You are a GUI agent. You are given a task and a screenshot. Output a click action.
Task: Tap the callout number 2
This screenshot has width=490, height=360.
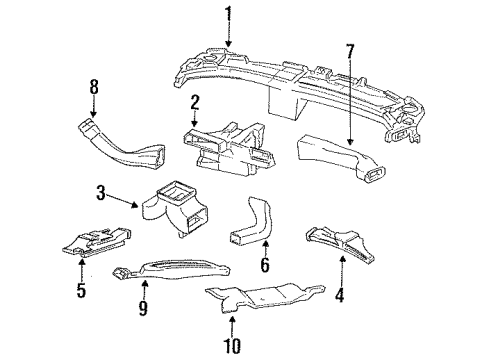(196, 100)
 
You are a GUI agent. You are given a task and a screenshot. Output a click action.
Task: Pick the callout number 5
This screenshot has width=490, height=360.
(80, 292)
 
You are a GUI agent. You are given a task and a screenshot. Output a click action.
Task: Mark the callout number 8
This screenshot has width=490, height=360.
(94, 87)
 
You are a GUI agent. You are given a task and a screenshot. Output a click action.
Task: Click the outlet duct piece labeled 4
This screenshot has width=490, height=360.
(340, 238)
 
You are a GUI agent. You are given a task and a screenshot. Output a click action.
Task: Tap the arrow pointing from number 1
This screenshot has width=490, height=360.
(228, 35)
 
